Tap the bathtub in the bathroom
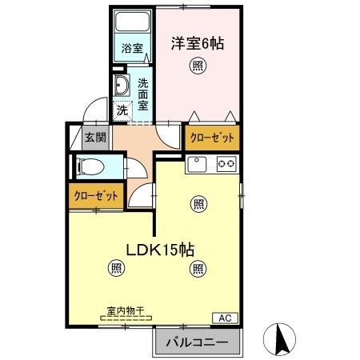tap(131, 23)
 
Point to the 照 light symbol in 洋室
tap(196, 67)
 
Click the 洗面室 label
tap(142, 94)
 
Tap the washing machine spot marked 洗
tap(122, 110)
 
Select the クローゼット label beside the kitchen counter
tap(212, 138)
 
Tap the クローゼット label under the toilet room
tap(96, 195)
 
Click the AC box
tap(225, 318)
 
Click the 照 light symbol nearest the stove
tap(198, 203)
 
